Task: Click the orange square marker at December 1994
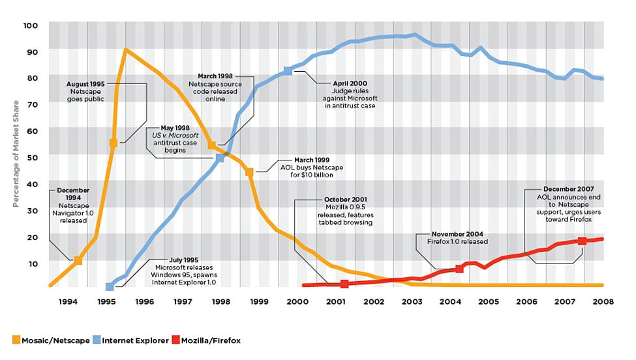[x=78, y=260]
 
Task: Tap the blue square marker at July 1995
[x=110, y=287]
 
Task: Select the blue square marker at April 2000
[x=288, y=70]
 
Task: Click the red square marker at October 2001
[x=344, y=284]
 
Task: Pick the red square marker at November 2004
[x=459, y=267]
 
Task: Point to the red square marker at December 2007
[x=582, y=241]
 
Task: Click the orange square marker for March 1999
[x=249, y=172]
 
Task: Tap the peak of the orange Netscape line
[x=125, y=50]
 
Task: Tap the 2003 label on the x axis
[x=411, y=301]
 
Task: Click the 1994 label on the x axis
[x=68, y=301]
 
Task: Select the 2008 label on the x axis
[x=602, y=301]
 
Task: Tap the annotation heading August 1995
[x=87, y=84]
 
